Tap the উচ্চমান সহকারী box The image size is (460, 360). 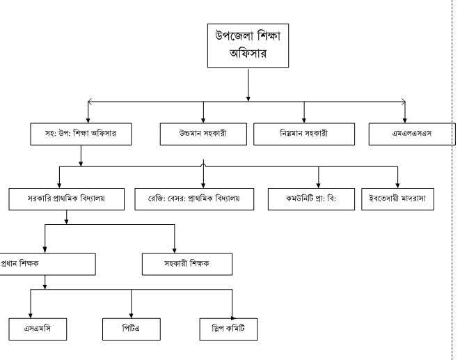(x=203, y=134)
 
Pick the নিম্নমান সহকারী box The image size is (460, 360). (x=304, y=134)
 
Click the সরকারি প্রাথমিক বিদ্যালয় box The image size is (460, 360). (x=67, y=198)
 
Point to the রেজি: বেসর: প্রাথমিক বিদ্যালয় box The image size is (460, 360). (x=194, y=198)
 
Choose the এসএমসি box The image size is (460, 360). (x=38, y=328)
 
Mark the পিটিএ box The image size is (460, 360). (x=132, y=328)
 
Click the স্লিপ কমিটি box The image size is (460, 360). (x=227, y=328)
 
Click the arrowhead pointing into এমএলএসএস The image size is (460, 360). (x=405, y=120)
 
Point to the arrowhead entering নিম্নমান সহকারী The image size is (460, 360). (x=304, y=120)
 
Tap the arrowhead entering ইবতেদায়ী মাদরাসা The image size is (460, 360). (x=397, y=185)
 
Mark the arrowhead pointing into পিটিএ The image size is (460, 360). (x=132, y=314)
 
